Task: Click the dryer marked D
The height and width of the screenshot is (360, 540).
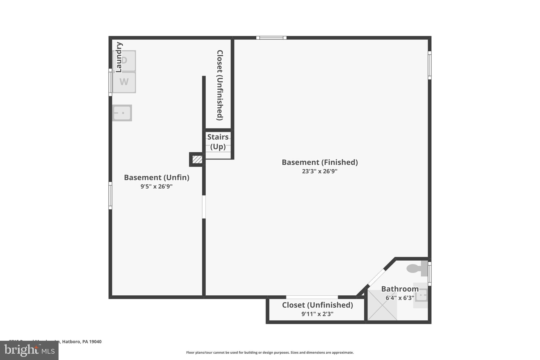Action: point(124,61)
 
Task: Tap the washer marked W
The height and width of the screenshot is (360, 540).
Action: point(124,82)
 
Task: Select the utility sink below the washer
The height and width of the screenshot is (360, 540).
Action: point(122,113)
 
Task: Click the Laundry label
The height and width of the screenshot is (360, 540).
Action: point(119,57)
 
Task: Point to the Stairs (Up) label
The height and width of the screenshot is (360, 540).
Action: point(218,142)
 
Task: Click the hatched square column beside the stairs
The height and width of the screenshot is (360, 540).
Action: point(197,159)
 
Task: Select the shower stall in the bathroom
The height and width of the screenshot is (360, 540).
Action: point(382,305)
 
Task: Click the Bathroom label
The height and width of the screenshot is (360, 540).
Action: point(400,289)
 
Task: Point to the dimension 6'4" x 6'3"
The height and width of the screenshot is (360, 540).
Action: point(400,298)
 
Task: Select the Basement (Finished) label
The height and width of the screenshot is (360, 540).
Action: point(320,162)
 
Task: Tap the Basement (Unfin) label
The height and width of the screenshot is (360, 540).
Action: point(157,177)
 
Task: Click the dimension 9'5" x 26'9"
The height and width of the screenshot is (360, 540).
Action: point(156,186)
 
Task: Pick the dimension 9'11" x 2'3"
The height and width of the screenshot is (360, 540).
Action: point(317,314)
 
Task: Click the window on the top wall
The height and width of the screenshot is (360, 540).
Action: point(271,38)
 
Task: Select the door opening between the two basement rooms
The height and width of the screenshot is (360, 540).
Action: point(204,207)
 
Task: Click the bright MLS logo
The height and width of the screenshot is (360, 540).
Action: point(29,350)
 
